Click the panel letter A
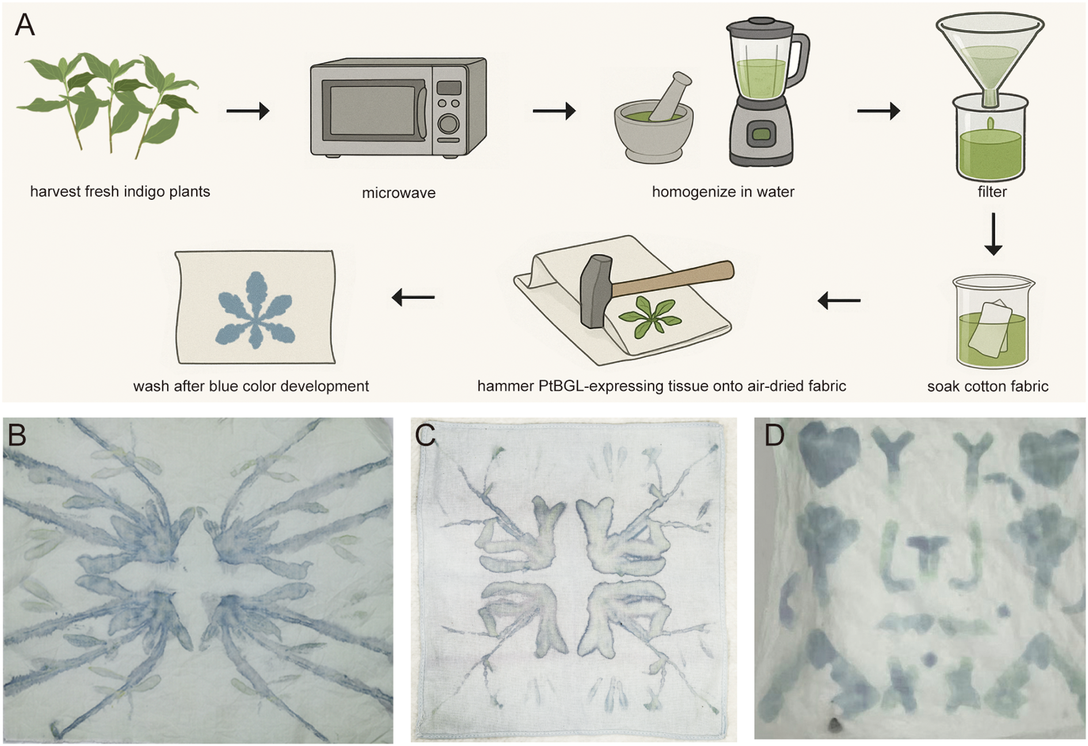pyautogui.click(x=24, y=26)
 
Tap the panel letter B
pyautogui.click(x=17, y=435)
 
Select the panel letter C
pyautogui.click(x=425, y=436)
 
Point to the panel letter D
pyautogui.click(x=774, y=436)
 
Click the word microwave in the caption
pyautogui.click(x=398, y=193)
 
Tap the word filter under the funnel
pyautogui.click(x=992, y=192)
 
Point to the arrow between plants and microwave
pyautogui.click(x=248, y=111)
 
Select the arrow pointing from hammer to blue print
pyautogui.click(x=413, y=298)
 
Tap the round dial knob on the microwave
pyautogui.click(x=448, y=123)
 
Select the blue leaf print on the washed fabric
pyautogui.click(x=254, y=311)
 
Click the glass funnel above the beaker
pyautogui.click(x=990, y=52)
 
